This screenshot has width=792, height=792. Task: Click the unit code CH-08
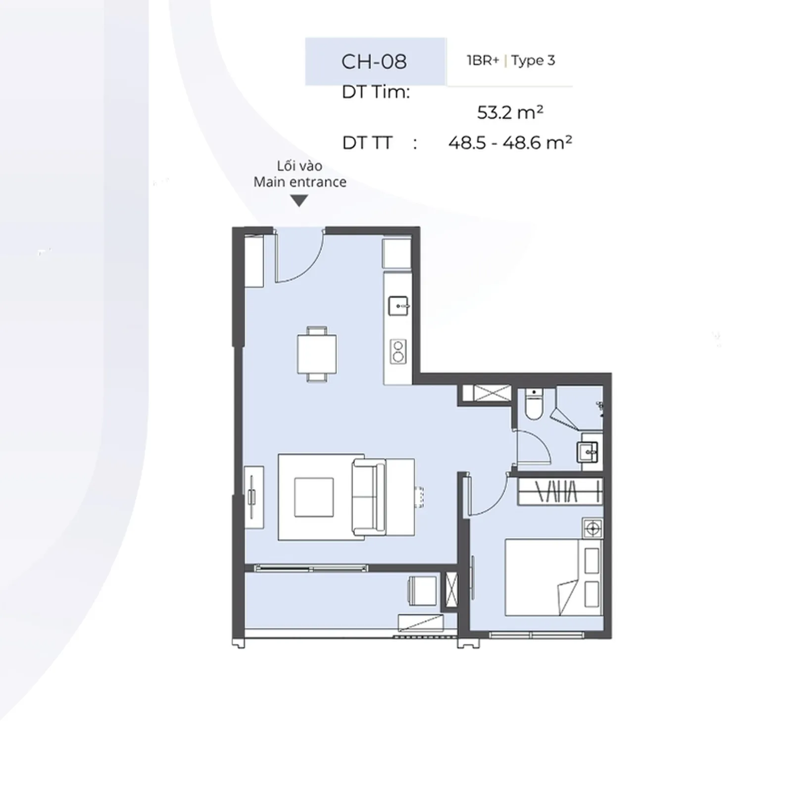click(374, 62)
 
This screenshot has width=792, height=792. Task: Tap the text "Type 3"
click(533, 61)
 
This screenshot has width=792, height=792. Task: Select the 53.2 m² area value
click(510, 112)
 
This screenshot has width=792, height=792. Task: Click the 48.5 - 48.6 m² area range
click(510, 143)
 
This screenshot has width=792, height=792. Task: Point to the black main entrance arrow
click(299, 200)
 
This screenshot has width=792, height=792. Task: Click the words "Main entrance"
click(300, 182)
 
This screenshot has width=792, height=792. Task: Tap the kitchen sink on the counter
click(398, 306)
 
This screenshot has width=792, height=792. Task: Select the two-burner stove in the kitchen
click(398, 351)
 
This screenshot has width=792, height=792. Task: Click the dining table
click(317, 354)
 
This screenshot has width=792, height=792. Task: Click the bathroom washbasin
click(588, 452)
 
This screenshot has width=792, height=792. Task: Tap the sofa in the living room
click(369, 497)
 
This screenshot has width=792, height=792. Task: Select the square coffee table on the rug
click(314, 497)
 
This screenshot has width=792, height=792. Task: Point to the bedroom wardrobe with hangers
click(560, 492)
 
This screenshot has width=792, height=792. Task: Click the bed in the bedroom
click(553, 577)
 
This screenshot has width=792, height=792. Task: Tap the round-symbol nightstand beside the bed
click(593, 529)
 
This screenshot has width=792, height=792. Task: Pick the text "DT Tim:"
click(376, 93)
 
